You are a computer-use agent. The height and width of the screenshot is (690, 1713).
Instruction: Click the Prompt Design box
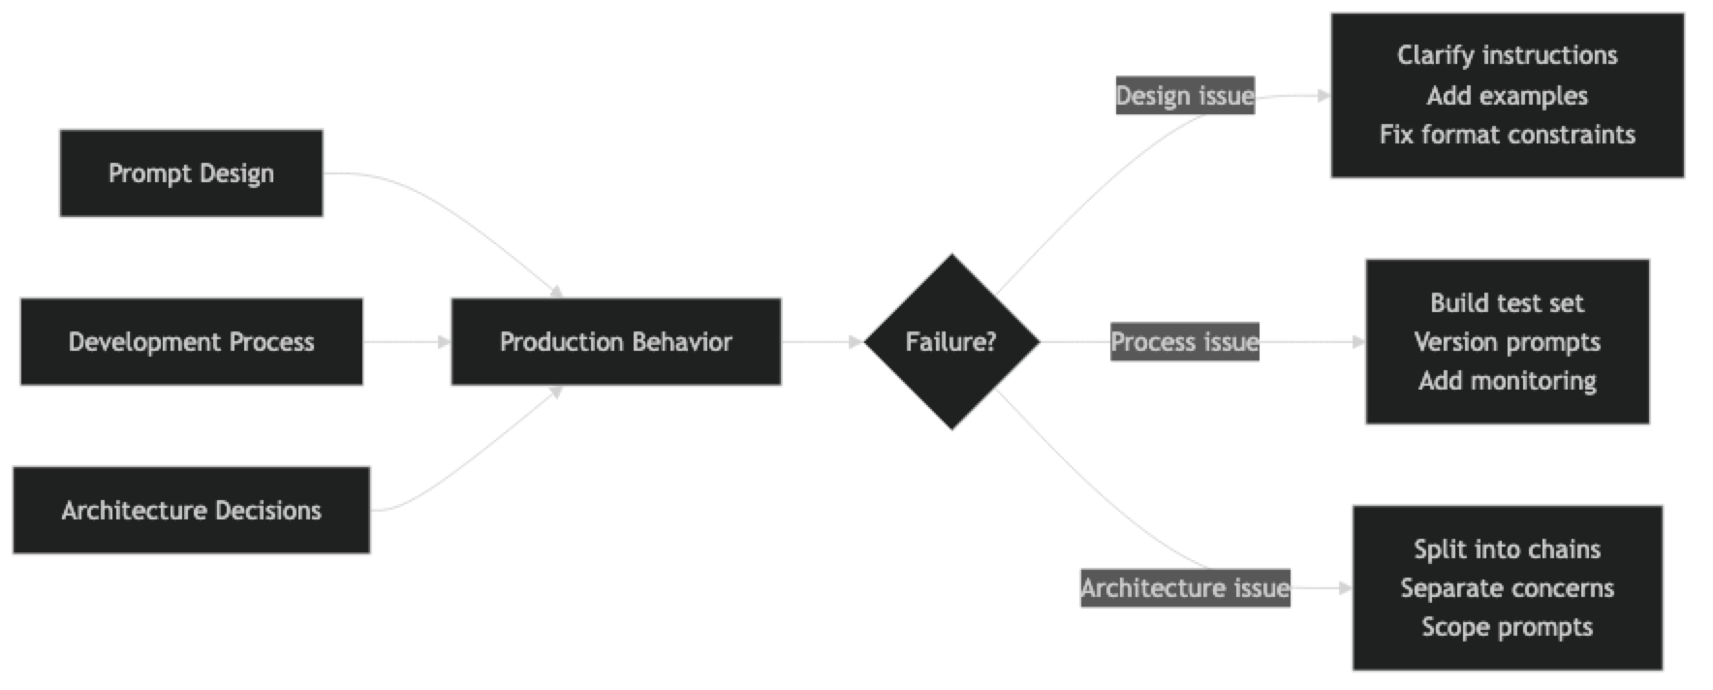click(191, 173)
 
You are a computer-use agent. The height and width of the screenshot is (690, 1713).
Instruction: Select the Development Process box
click(191, 342)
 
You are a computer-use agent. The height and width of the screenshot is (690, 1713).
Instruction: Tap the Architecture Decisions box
click(191, 511)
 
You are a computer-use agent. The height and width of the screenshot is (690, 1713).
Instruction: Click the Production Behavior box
click(615, 342)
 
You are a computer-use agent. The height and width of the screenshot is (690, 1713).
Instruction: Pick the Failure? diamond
click(950, 342)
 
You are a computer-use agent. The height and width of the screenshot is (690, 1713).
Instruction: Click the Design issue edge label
click(1184, 96)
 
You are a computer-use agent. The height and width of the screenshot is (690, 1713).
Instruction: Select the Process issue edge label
click(1184, 342)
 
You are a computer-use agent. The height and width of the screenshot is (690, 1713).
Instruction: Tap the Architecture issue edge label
click(1184, 588)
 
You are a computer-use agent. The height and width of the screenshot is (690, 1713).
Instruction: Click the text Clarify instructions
click(1507, 55)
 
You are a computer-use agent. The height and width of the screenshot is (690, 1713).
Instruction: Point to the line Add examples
click(1507, 96)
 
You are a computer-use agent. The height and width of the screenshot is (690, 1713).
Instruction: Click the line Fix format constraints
click(1507, 135)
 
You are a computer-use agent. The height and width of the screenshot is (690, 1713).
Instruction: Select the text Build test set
click(1507, 303)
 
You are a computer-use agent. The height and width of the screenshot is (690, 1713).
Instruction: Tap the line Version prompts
click(1507, 342)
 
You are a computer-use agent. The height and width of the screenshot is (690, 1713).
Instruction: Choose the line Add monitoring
click(1507, 381)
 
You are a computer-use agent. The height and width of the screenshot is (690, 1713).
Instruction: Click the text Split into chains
click(1507, 549)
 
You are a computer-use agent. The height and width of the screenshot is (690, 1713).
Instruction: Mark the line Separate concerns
click(1507, 588)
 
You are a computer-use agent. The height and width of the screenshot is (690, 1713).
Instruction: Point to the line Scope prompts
click(1507, 627)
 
